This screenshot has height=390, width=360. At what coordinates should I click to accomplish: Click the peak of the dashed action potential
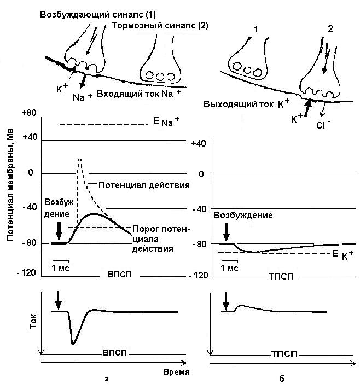(80, 159)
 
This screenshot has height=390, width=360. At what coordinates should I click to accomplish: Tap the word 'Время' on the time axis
(177, 371)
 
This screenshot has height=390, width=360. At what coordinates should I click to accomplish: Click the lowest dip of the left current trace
(73, 344)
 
